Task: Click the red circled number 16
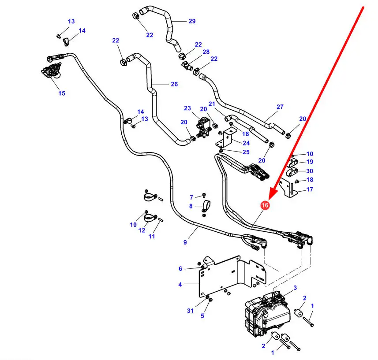click(x=265, y=205)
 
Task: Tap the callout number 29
click(x=191, y=21)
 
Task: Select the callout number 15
click(x=61, y=93)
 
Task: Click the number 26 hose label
click(x=174, y=84)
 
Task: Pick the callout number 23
click(x=187, y=108)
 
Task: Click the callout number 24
click(x=246, y=143)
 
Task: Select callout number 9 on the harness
click(x=185, y=242)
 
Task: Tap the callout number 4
click(x=180, y=285)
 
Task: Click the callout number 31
click(x=190, y=311)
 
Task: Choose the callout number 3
click(x=295, y=288)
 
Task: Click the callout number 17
click(x=310, y=189)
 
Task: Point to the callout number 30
click(x=310, y=171)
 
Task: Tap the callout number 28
click(x=206, y=52)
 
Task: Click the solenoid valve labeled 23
click(x=203, y=125)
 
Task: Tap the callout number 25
click(x=246, y=152)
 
